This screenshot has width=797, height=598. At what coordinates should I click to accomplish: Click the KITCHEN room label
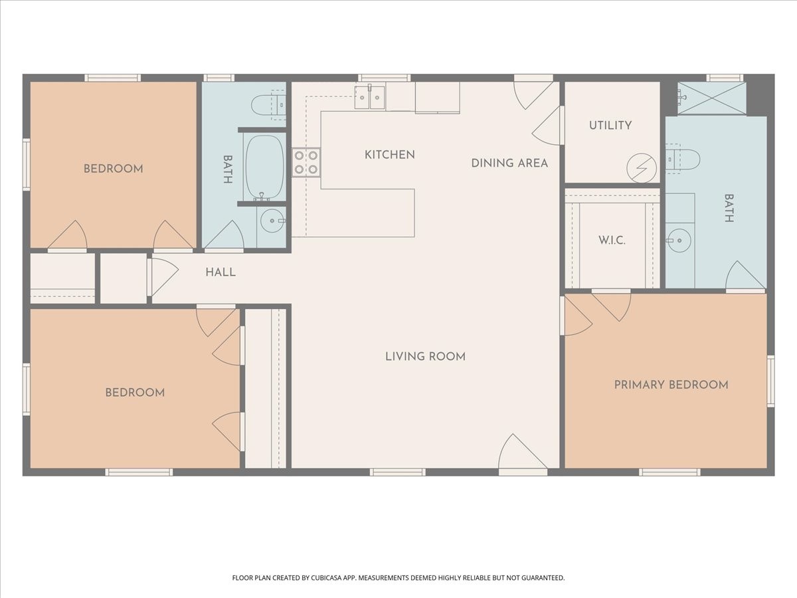click(390, 155)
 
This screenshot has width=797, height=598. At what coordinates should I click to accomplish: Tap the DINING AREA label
click(509, 163)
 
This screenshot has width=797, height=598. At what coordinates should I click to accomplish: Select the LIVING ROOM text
click(425, 357)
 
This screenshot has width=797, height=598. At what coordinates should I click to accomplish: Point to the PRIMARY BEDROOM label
click(671, 385)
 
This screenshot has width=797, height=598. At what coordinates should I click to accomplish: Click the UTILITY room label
click(610, 126)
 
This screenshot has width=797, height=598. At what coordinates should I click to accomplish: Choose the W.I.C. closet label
click(612, 241)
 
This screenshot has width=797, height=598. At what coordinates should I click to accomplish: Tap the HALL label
click(221, 272)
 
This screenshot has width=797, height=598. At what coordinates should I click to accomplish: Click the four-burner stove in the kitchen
click(306, 162)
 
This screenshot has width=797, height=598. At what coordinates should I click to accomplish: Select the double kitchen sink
click(370, 96)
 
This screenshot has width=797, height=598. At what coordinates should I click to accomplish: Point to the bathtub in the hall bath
click(264, 167)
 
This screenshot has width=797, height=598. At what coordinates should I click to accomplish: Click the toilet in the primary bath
click(683, 159)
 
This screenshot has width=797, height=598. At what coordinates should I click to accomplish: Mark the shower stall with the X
click(712, 98)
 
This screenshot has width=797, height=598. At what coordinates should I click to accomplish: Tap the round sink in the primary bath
click(679, 241)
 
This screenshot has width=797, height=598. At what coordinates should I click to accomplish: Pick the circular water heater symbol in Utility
click(642, 168)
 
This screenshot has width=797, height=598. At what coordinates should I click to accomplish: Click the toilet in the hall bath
click(268, 105)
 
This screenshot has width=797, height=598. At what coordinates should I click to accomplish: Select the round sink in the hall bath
click(273, 221)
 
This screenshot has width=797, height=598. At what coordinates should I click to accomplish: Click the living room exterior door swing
click(523, 454)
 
